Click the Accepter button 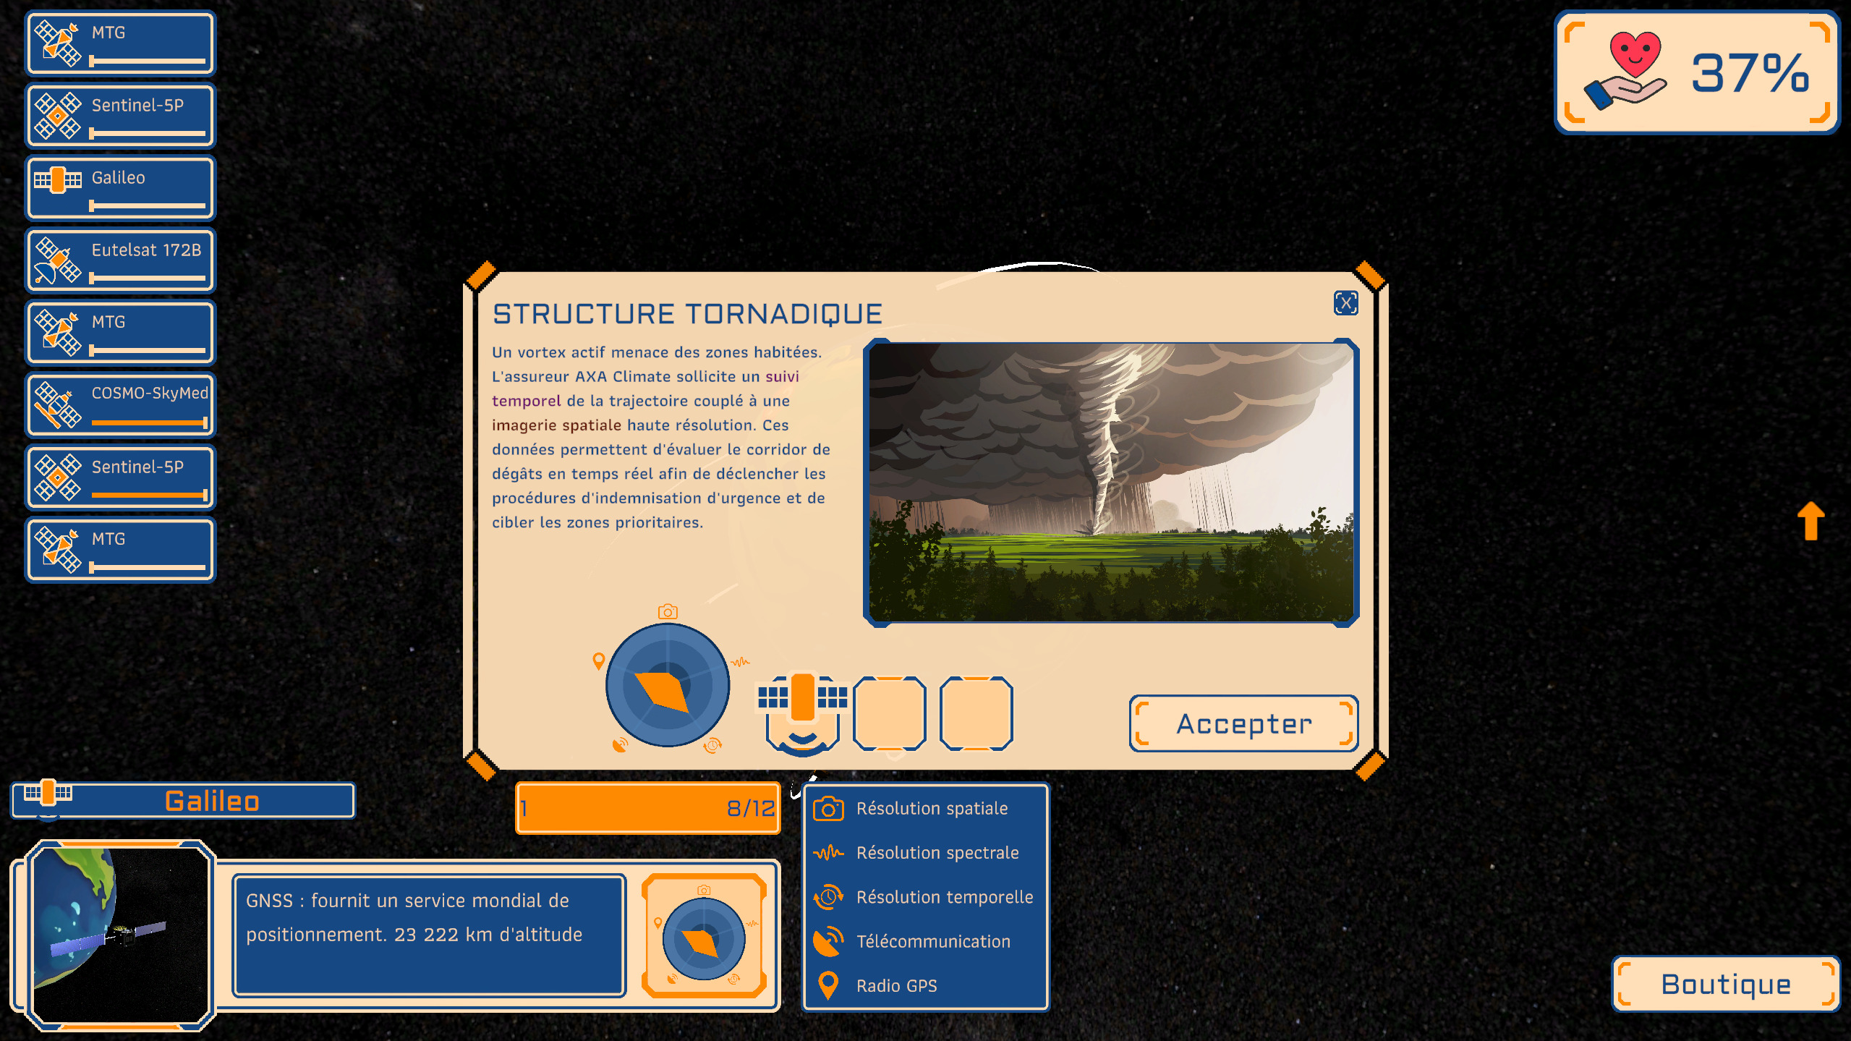coord(1243,723)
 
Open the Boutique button coord(1725,984)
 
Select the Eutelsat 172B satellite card coord(121,260)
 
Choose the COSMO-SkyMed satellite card coord(121,405)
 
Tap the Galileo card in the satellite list coord(121,188)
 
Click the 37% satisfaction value coord(1750,73)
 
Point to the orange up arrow coord(1811,521)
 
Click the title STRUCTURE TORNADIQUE coord(687,314)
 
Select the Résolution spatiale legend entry coord(911,808)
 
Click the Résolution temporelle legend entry coord(924,897)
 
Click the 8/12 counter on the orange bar coord(751,808)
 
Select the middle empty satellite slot coord(890,713)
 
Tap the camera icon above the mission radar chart coord(668,612)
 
